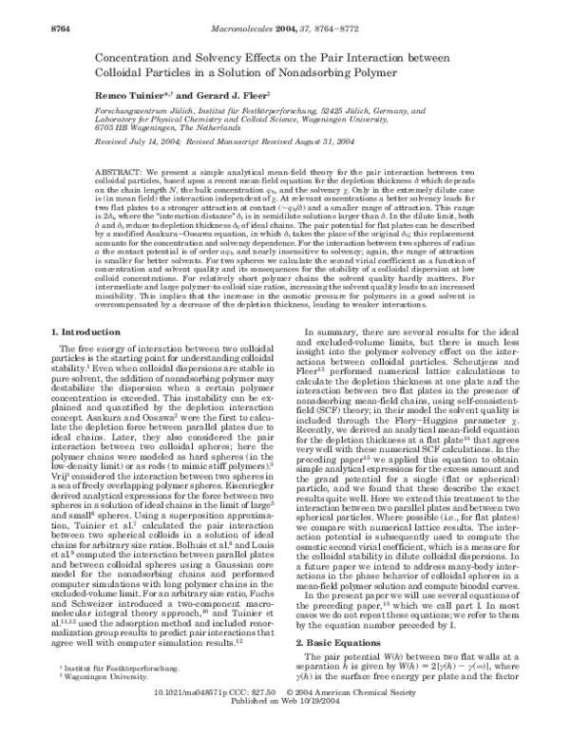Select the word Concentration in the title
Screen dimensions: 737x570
click(x=145, y=57)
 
